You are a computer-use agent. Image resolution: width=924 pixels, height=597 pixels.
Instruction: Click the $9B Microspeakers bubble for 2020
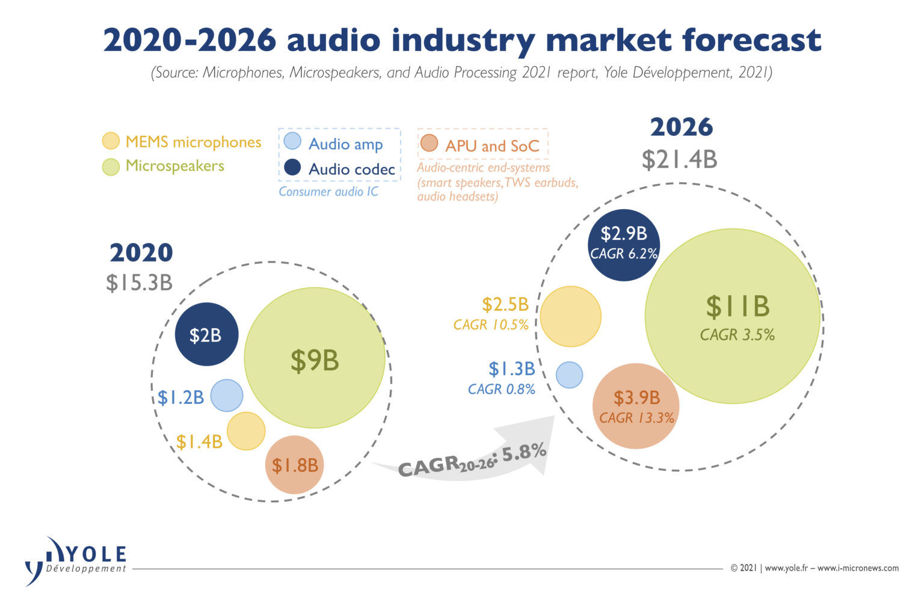tap(315, 359)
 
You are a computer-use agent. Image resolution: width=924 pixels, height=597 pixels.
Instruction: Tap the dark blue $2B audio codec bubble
tap(206, 334)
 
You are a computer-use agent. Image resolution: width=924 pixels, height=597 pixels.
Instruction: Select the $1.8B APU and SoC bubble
tap(294, 465)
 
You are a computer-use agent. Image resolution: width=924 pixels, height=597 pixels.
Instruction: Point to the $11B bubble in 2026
tap(733, 316)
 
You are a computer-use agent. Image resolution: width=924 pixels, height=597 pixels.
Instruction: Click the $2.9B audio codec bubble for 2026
tap(624, 245)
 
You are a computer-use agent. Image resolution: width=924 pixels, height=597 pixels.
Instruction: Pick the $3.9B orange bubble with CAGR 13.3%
tap(636, 406)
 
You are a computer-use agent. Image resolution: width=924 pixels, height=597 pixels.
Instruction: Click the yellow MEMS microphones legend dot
tap(111, 141)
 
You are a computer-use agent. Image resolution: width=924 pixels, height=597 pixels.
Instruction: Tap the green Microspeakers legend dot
tap(111, 167)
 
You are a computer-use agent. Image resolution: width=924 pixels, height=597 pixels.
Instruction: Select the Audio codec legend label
tap(351, 169)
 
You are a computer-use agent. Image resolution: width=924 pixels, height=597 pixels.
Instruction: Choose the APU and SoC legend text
tap(492, 145)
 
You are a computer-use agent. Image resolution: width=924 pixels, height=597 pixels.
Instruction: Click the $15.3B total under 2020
tap(139, 283)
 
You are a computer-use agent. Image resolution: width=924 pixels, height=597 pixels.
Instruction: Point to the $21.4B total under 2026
tap(679, 160)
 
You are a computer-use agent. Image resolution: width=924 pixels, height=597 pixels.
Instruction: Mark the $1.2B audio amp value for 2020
tap(180, 397)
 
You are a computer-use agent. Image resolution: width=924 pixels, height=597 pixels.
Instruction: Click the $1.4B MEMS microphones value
tap(199, 442)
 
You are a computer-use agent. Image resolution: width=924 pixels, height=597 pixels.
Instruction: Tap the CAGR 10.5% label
tap(491, 325)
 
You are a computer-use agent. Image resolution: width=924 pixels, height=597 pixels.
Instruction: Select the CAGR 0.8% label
tap(502, 390)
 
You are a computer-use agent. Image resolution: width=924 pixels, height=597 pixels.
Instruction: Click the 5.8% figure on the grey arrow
tap(524, 452)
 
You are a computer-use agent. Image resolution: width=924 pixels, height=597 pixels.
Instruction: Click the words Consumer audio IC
tap(328, 192)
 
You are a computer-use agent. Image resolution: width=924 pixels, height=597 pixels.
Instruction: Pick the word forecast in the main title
tap(752, 40)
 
